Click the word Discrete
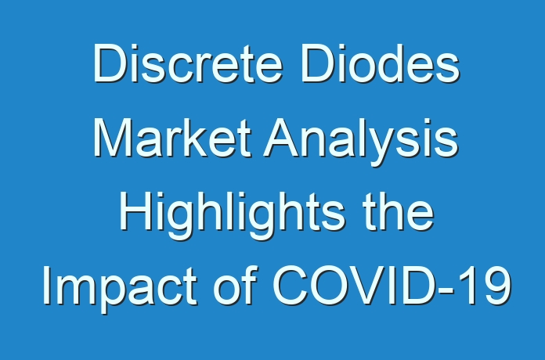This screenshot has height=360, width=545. coord(188,63)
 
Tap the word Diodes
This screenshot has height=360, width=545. coord(381,63)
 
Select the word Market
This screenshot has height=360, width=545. coord(172,138)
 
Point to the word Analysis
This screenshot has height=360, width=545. coord(361,142)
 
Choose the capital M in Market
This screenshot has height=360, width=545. coord(113,138)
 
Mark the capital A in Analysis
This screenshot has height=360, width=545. coord(282,138)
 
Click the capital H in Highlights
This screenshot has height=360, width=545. coord(135,211)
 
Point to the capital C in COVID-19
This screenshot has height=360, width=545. coord(291,286)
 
